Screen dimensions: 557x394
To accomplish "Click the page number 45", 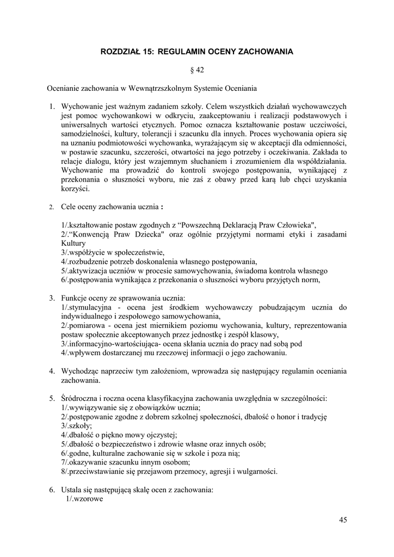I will point(343,520).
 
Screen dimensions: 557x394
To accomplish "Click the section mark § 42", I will point(196,70).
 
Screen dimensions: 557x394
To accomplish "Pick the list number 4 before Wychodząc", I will point(52,371).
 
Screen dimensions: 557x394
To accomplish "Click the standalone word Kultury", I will point(74,243).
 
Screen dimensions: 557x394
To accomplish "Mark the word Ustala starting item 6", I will point(72,490).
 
